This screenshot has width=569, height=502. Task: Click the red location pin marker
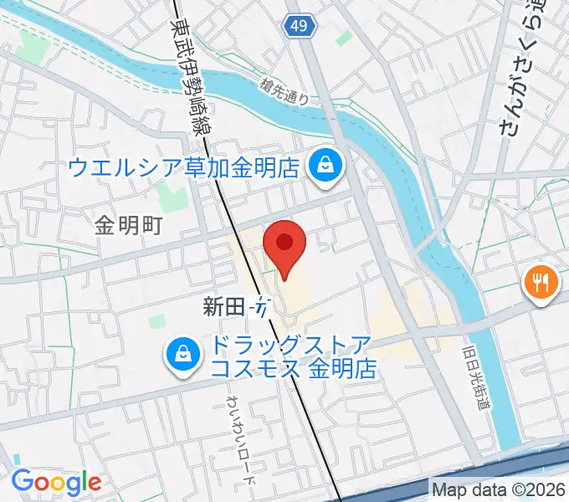(x=284, y=244)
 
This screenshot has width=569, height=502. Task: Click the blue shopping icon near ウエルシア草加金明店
(x=323, y=165)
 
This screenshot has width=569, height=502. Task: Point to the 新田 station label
(x=221, y=307)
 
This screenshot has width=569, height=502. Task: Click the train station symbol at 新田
(x=261, y=307)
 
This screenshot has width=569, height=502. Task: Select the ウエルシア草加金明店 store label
(x=183, y=166)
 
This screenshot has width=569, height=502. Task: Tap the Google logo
(x=56, y=482)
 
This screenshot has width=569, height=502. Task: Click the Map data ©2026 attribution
(x=499, y=489)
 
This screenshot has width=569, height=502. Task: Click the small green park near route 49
(x=343, y=38)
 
